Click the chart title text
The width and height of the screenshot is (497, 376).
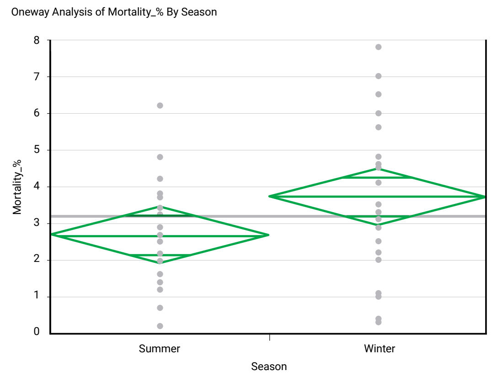click(x=114, y=12)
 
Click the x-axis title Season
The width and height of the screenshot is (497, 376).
click(x=269, y=366)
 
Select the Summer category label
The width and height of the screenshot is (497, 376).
click(x=160, y=349)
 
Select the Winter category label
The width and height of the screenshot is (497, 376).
click(x=379, y=349)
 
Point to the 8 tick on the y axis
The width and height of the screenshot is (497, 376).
click(x=37, y=40)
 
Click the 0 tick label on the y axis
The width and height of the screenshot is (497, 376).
click(x=37, y=333)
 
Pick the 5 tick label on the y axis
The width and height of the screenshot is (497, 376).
click(x=37, y=150)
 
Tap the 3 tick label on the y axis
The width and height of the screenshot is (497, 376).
click(x=37, y=223)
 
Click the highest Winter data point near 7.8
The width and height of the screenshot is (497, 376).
click(x=379, y=47)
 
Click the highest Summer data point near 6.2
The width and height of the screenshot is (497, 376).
click(x=160, y=105)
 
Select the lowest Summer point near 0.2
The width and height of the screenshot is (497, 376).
click(x=160, y=326)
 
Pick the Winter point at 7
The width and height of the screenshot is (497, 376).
click(x=379, y=76)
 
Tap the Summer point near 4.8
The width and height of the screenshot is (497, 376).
click(x=160, y=157)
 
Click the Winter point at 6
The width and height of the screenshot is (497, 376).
click(x=379, y=113)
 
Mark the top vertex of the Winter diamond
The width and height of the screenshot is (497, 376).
click(x=379, y=168)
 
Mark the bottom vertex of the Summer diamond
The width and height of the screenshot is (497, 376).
click(x=160, y=263)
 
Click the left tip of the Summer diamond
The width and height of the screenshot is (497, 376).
click(x=51, y=234)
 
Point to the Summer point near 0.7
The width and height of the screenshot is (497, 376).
click(x=160, y=308)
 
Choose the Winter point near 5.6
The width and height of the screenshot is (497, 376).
click(x=379, y=127)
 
